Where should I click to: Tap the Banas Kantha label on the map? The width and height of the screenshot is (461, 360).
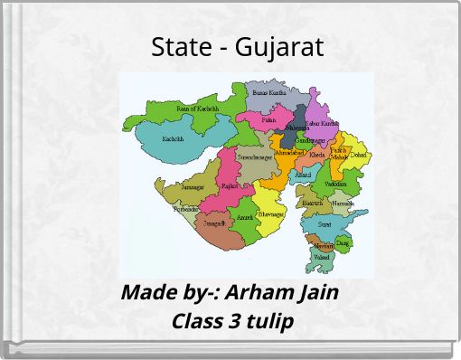(269, 92)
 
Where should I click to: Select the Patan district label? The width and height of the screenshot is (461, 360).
(269, 119)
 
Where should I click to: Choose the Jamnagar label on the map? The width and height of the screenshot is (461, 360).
(193, 187)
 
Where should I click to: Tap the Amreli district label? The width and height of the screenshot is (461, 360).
(245, 218)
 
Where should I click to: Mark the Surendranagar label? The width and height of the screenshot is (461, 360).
(255, 157)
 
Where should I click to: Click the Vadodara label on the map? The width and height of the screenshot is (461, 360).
(334, 184)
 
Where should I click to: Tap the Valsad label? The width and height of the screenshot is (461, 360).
(321, 257)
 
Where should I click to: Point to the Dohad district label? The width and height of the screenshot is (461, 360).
(359, 156)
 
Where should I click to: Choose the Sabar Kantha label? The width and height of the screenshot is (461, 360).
(323, 123)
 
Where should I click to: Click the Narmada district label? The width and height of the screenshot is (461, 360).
(343, 204)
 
